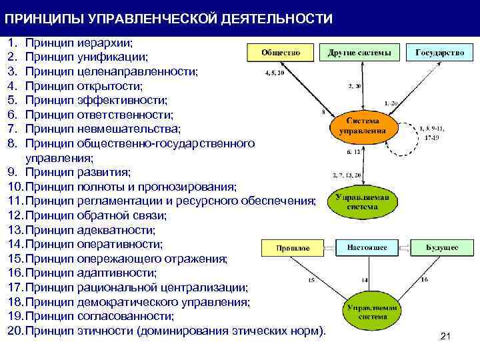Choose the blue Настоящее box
point(367,247)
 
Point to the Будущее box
point(442,247)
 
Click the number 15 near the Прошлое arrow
point(311,281)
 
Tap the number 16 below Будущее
point(425,280)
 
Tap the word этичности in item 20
point(106,330)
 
